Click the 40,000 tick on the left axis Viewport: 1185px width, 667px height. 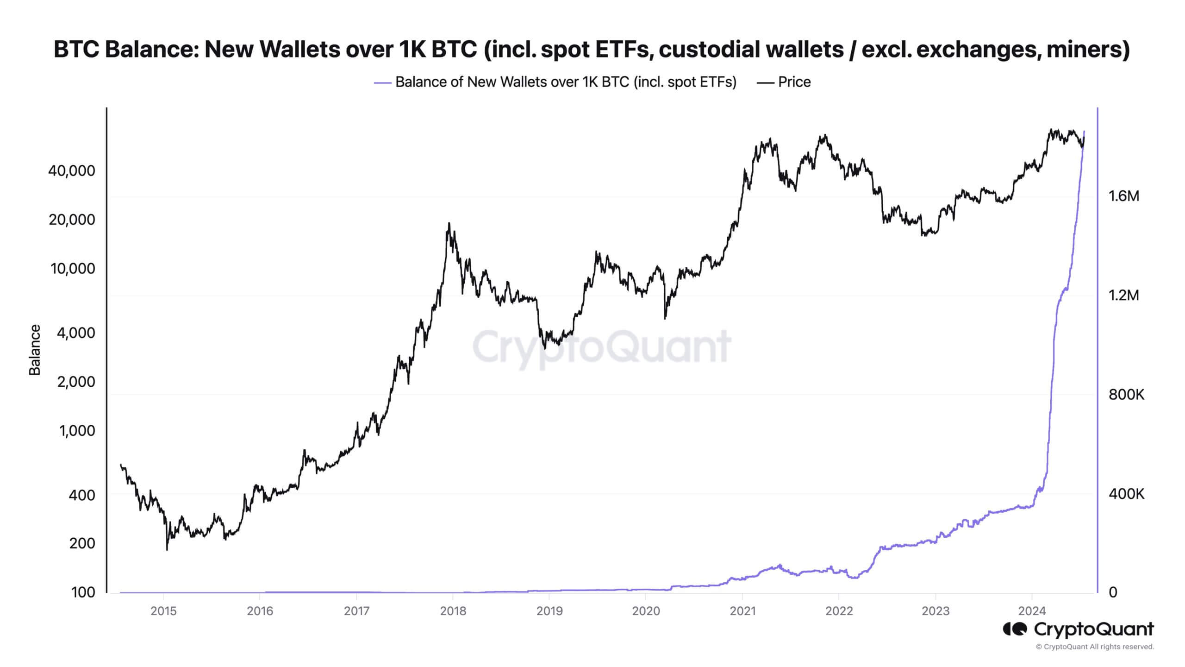(x=72, y=171)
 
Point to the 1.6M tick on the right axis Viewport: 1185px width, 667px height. (x=1124, y=196)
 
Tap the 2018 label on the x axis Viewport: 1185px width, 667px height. (x=453, y=611)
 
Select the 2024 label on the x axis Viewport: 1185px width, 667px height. (x=1032, y=611)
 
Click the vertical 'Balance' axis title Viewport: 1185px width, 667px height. (x=35, y=350)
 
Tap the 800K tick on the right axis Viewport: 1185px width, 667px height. (x=1126, y=395)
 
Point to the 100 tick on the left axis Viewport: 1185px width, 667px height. (x=83, y=592)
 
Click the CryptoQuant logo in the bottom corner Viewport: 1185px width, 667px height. (x=1079, y=629)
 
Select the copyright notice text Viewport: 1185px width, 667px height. (x=1095, y=647)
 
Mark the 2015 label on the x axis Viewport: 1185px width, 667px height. (x=163, y=611)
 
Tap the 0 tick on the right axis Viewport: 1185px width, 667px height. (x=1113, y=592)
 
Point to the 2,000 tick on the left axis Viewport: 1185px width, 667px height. (x=76, y=382)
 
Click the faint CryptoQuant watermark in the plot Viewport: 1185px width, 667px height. (x=601, y=347)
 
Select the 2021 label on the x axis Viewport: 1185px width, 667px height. (x=742, y=611)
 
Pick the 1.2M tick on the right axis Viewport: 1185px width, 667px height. (x=1124, y=295)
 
